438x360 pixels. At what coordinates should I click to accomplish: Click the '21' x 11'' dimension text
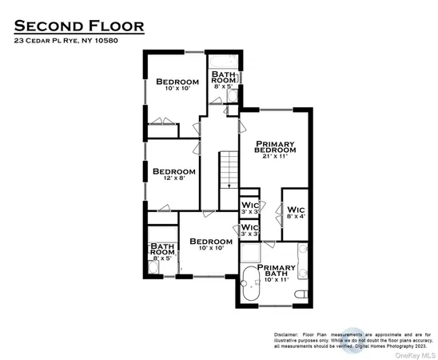click(x=275, y=157)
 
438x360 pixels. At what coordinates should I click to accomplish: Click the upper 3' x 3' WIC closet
click(x=249, y=206)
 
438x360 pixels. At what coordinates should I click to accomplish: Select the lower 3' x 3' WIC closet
click(x=249, y=230)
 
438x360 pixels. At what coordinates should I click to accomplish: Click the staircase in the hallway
click(x=229, y=168)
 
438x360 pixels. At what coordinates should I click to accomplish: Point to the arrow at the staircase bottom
click(x=229, y=186)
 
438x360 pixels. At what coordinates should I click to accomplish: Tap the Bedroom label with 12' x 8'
click(x=173, y=173)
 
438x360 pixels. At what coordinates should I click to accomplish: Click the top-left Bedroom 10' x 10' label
click(x=177, y=84)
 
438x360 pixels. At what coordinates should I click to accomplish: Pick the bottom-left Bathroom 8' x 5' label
click(x=162, y=252)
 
